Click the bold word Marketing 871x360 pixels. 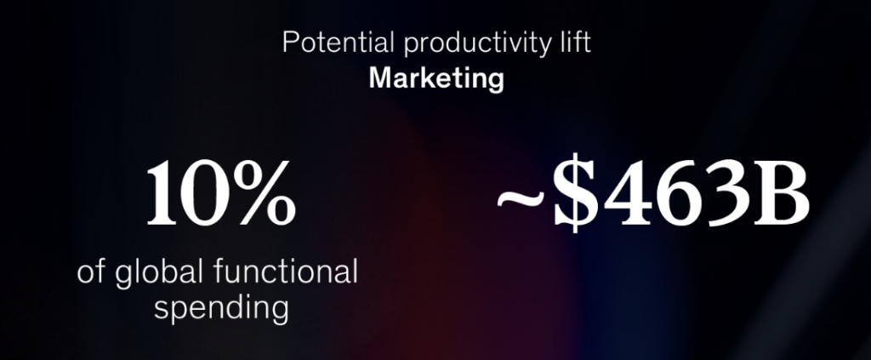pos(436,79)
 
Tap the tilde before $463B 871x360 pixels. pos(521,197)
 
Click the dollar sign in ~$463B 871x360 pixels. pos(576,193)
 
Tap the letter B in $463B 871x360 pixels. pos(782,193)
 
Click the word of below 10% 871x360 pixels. pos(91,271)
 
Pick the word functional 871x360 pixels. pos(286,271)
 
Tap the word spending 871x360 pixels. pos(221,309)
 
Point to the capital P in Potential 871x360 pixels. pos(291,43)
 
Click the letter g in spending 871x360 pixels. pos(279,312)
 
